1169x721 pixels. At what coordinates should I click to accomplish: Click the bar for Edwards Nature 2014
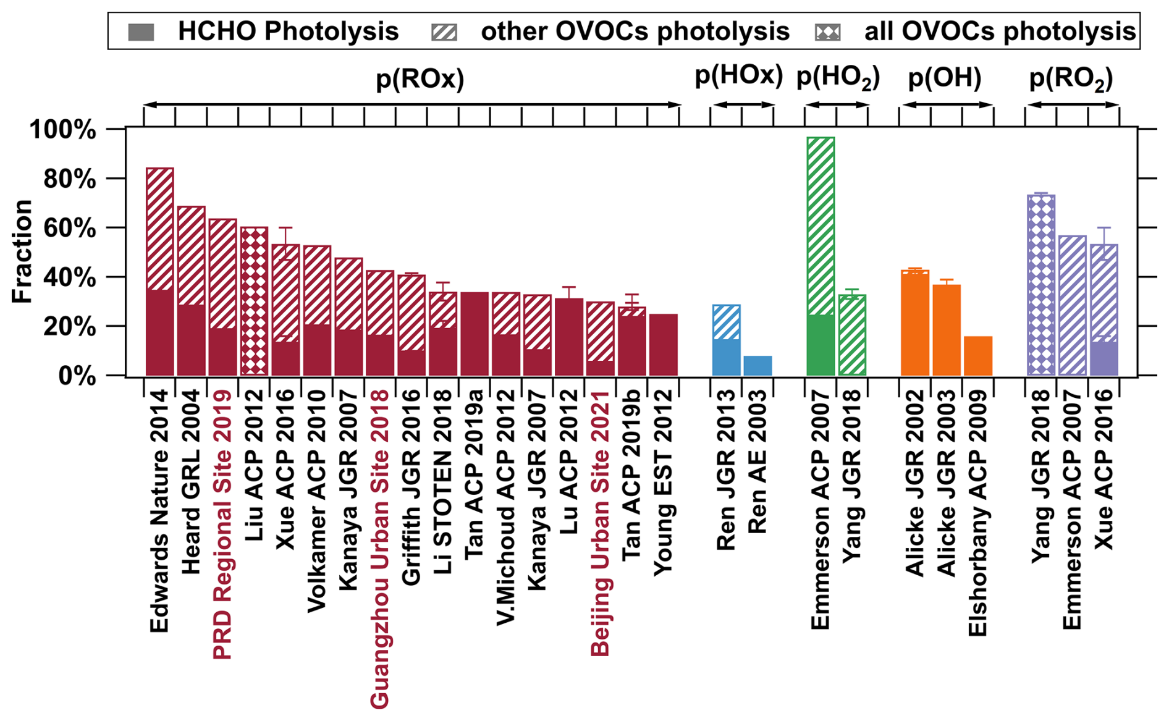point(159,271)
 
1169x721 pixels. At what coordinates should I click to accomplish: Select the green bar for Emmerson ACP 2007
point(821,256)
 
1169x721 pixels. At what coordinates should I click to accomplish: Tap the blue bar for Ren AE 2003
point(758,366)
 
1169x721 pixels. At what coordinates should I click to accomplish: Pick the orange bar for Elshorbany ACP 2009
point(978,356)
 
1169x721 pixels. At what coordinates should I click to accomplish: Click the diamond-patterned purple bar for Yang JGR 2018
point(1041,285)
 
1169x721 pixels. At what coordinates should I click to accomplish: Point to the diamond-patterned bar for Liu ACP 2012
point(254,301)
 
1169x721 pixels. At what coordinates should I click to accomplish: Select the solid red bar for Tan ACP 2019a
point(475,334)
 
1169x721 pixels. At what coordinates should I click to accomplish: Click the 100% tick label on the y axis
point(63,130)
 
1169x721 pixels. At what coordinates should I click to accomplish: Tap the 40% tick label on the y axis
point(70,277)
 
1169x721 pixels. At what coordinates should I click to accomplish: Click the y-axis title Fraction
point(22,251)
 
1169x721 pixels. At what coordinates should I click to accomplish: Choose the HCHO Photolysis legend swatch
point(141,32)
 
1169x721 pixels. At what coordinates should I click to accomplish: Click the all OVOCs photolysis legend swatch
point(828,32)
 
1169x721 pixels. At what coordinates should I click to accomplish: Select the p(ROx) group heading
point(420,79)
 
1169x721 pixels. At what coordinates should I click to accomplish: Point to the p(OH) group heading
point(945,78)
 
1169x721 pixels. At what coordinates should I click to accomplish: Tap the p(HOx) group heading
point(739,75)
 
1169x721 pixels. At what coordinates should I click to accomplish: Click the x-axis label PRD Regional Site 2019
point(222,525)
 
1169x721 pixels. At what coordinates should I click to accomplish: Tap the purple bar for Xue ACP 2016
point(1104,310)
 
